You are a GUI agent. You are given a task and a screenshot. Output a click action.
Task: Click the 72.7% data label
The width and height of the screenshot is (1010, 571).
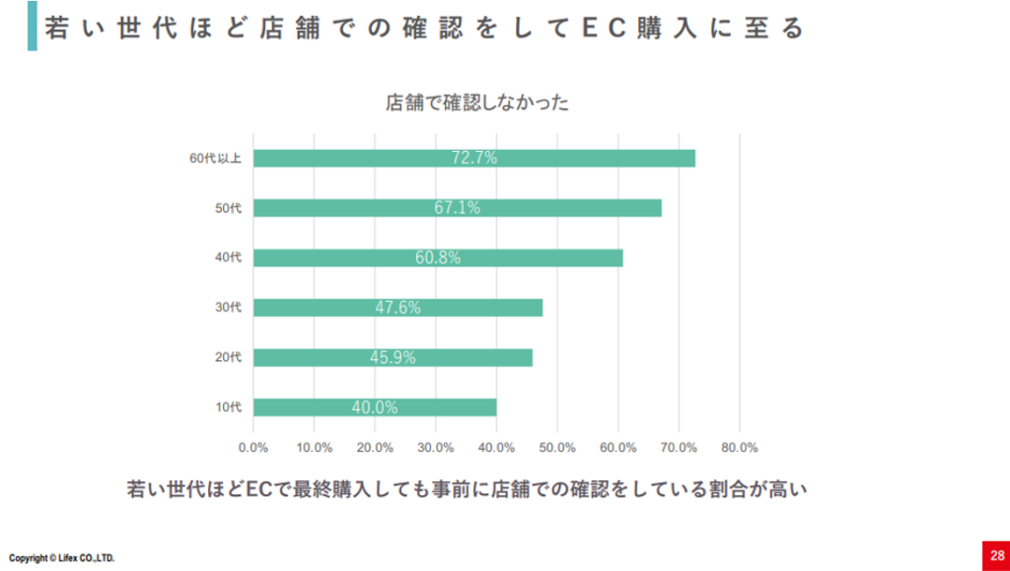[x=474, y=158]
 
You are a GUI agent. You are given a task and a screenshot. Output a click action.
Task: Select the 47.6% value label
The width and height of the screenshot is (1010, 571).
[x=397, y=308]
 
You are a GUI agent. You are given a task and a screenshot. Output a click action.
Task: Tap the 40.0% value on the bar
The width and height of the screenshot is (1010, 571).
[x=375, y=407]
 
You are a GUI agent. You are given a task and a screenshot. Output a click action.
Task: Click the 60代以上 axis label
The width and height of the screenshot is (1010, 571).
[x=215, y=158]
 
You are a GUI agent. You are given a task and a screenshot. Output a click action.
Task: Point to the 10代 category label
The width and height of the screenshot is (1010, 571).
[x=228, y=407]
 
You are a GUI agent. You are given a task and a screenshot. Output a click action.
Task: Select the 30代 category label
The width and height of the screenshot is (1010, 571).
[x=228, y=308]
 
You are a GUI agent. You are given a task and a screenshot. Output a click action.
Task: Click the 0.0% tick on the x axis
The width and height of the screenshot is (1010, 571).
[x=253, y=447]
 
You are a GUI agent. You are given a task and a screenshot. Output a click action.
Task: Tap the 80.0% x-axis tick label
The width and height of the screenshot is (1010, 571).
[x=739, y=447]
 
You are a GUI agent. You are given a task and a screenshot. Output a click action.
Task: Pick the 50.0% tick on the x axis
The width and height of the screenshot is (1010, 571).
[x=557, y=447]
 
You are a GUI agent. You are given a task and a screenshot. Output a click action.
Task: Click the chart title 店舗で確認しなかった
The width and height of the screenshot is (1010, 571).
[x=476, y=102]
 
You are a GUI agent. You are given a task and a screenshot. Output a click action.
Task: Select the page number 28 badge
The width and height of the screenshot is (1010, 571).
[x=996, y=553]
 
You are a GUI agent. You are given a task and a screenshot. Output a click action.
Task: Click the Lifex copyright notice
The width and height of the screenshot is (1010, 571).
[x=62, y=558]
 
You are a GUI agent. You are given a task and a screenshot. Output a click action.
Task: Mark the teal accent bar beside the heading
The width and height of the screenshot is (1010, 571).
[x=32, y=27]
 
